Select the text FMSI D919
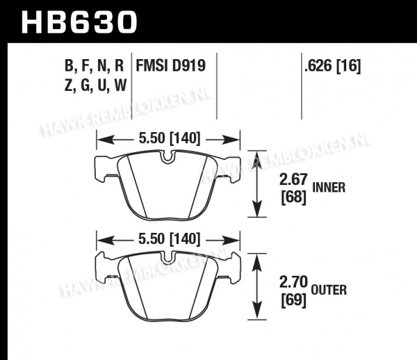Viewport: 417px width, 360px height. point(171,65)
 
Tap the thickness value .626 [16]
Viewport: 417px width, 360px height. point(333,65)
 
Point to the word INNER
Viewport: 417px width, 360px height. point(329,188)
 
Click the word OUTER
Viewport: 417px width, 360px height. point(329,290)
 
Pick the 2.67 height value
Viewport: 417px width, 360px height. point(293,179)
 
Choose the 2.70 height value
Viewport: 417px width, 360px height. point(293,282)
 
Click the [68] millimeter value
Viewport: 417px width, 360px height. point(293,197)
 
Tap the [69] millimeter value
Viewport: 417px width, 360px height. point(293,300)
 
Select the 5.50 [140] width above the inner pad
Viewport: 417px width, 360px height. point(169,138)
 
